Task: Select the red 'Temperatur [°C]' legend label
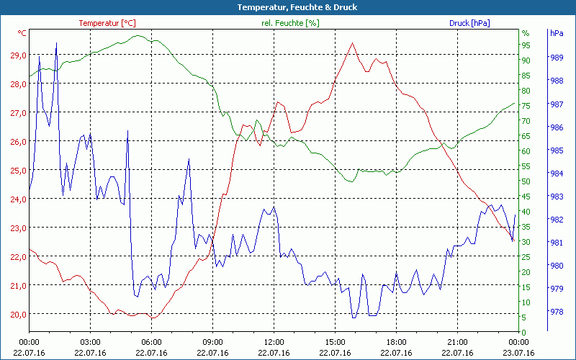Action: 107,23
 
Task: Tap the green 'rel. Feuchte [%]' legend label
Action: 289,23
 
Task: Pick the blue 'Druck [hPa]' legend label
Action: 469,23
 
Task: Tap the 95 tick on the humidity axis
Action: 526,45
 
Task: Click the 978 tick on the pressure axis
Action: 556,312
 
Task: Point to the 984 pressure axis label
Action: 556,174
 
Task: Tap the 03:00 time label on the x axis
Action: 90,342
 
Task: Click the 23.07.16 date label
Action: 518,353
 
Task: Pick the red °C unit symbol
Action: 22,33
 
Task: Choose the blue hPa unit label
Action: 556,33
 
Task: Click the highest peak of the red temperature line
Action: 352,42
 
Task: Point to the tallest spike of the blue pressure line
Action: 56,43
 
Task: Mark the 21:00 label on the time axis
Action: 457,342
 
